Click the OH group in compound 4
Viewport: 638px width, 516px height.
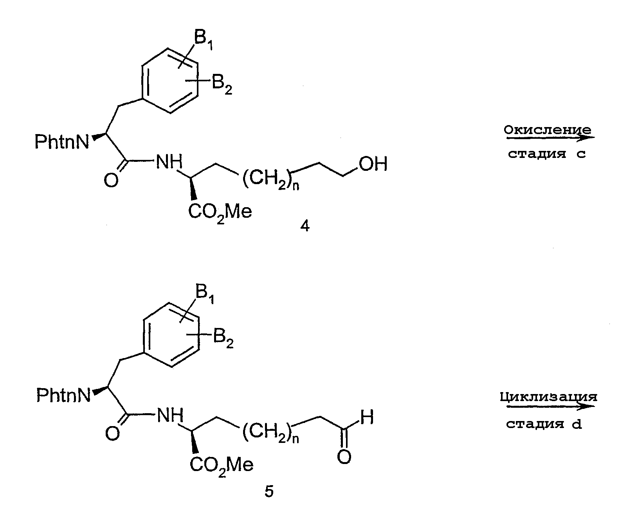(x=373, y=164)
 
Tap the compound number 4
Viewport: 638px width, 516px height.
(x=305, y=226)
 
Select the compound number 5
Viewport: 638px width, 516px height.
(x=269, y=491)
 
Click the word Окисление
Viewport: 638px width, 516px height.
(x=548, y=130)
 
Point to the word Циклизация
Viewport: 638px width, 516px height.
(x=548, y=397)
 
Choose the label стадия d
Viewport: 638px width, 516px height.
(x=544, y=424)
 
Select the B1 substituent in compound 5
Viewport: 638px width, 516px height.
(x=205, y=294)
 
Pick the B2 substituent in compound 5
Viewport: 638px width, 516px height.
(x=223, y=338)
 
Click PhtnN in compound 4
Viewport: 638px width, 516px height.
(x=62, y=141)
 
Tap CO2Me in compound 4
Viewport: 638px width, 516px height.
(x=220, y=213)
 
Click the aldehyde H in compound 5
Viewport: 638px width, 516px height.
(x=367, y=417)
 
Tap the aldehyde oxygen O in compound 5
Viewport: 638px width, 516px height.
(x=344, y=457)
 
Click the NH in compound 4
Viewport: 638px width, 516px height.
(x=169, y=162)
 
